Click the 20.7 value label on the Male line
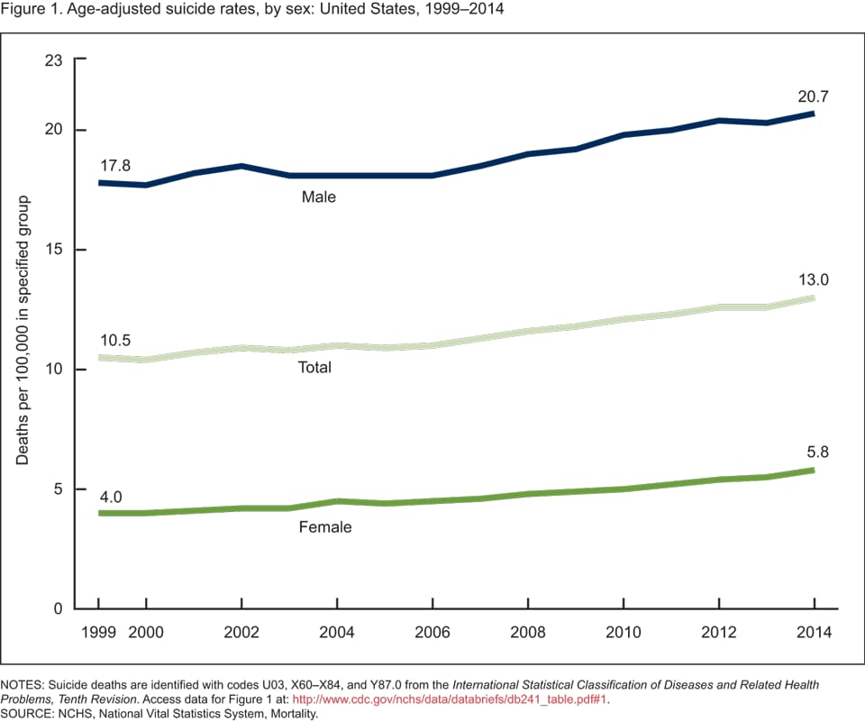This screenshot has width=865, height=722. point(813,96)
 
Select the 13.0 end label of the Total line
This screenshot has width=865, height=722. point(813,279)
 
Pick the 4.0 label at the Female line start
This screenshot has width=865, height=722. point(110,496)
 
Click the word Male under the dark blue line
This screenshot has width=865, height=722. point(319,196)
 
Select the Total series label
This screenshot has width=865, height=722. point(314,368)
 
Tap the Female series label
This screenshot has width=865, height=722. point(325,527)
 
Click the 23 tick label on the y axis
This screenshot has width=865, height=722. point(54,59)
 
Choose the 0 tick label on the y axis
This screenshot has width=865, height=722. point(59,608)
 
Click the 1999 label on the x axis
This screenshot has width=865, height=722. point(99,630)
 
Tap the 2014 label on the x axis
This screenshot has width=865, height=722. point(814,630)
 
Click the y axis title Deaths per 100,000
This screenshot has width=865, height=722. point(23,329)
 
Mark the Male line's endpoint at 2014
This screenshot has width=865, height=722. point(814,114)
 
